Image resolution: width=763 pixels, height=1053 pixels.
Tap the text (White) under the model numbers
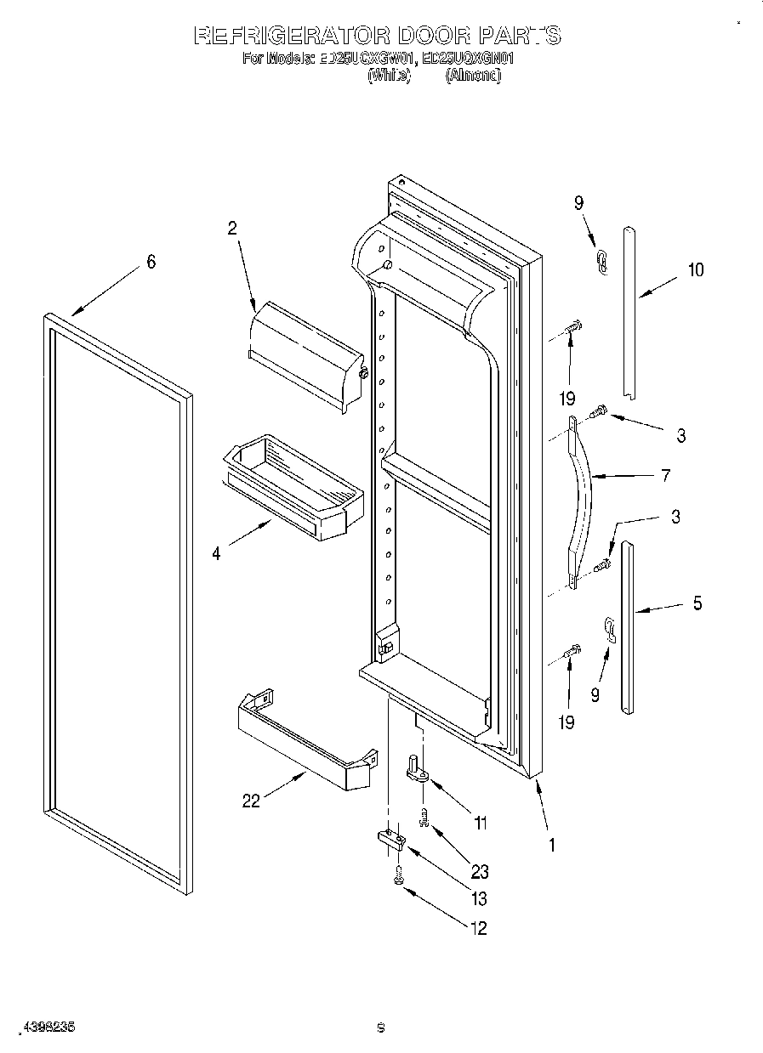[389, 76]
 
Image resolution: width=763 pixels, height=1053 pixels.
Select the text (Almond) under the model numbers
[474, 76]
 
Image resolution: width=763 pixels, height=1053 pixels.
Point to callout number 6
[151, 262]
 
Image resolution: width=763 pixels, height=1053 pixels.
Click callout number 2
[231, 228]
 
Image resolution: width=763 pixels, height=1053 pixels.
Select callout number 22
[251, 801]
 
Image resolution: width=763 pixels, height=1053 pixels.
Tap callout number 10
[696, 270]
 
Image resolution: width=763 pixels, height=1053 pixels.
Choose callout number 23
[480, 871]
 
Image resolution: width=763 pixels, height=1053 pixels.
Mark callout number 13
[480, 898]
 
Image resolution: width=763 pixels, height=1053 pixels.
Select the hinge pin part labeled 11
[417, 768]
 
